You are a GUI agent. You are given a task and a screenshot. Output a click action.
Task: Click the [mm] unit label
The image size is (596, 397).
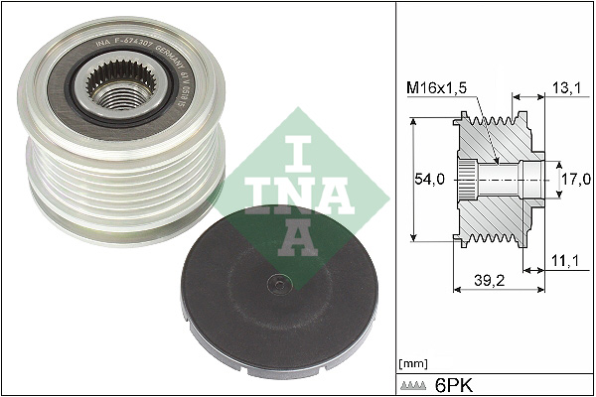click(412, 364)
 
